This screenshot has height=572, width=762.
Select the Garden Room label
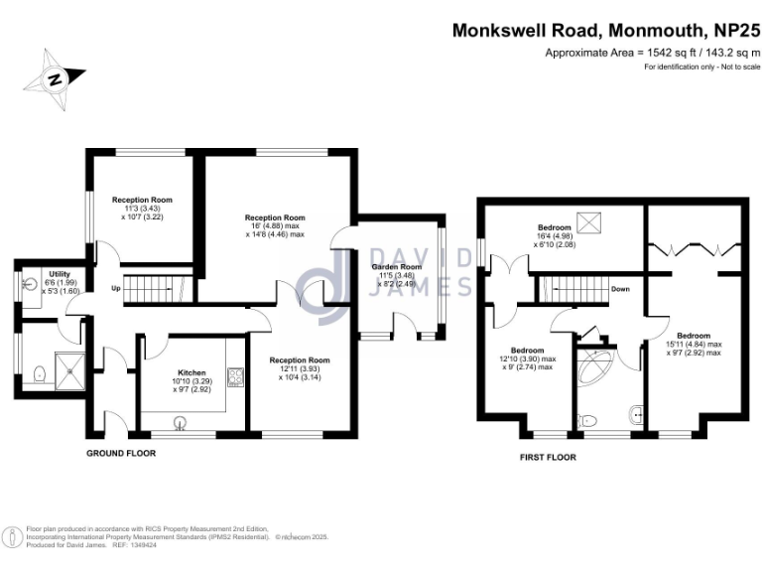coord(397,267)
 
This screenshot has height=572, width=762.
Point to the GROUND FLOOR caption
coord(121,453)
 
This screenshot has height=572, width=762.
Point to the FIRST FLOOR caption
coord(548,458)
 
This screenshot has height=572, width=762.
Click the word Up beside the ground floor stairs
coord(116,290)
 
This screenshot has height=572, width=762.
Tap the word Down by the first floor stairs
coord(620,290)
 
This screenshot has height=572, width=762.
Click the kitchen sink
coord(181,423)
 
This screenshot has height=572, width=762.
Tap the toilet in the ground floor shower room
coord(39,373)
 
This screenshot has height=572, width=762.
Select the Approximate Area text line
coord(653,52)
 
